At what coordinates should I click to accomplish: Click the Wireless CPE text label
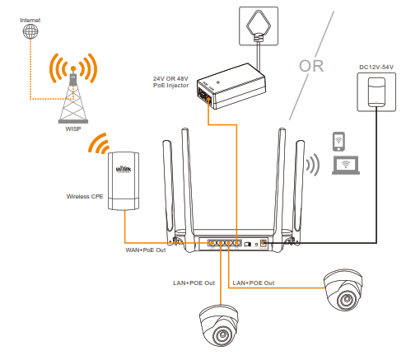pyautogui.click(x=86, y=197)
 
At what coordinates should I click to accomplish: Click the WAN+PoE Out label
pyautogui.click(x=144, y=250)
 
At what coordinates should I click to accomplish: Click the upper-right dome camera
pyautogui.click(x=344, y=289)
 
